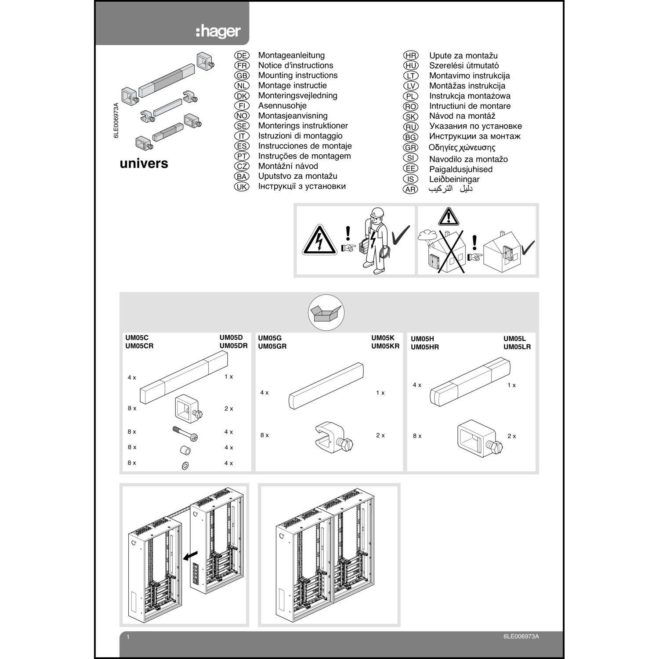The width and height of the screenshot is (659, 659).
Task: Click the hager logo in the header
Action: click(218, 32)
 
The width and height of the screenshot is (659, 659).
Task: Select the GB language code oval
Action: click(242, 76)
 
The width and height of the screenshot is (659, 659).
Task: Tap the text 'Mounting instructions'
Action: click(297, 76)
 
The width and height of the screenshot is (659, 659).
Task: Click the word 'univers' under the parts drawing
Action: click(144, 163)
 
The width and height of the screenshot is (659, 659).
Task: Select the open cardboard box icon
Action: click(326, 313)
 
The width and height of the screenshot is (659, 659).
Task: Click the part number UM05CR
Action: click(139, 346)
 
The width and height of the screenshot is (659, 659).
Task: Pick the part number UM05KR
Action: click(385, 346)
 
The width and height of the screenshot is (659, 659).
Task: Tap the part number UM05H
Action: click(422, 339)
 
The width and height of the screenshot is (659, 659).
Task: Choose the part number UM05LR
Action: click(517, 347)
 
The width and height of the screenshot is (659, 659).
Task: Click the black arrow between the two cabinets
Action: click(190, 556)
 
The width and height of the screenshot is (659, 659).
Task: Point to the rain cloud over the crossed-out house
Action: click(427, 236)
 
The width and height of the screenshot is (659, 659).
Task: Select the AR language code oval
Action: click(410, 190)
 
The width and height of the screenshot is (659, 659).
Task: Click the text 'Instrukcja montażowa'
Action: click(470, 96)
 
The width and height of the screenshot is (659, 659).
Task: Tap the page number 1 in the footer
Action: click(128, 637)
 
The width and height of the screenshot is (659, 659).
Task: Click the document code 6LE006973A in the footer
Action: click(521, 637)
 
